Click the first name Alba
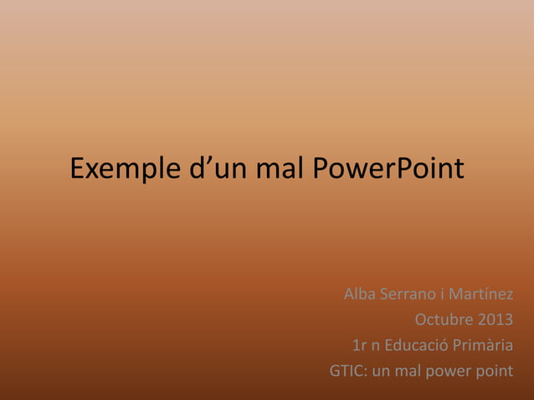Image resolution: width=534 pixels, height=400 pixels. pos(360,295)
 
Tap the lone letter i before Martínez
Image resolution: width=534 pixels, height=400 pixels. pos(443,295)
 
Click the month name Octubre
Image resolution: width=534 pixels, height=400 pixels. pos(444,321)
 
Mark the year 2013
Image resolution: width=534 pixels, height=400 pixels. pos(495,321)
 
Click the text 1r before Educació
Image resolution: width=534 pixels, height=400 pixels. pos(360,346)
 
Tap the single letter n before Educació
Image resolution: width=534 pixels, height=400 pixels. pos(376,346)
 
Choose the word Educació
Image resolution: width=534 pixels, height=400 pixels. pos(416,346)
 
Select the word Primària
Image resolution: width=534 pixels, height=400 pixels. pos(483,346)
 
